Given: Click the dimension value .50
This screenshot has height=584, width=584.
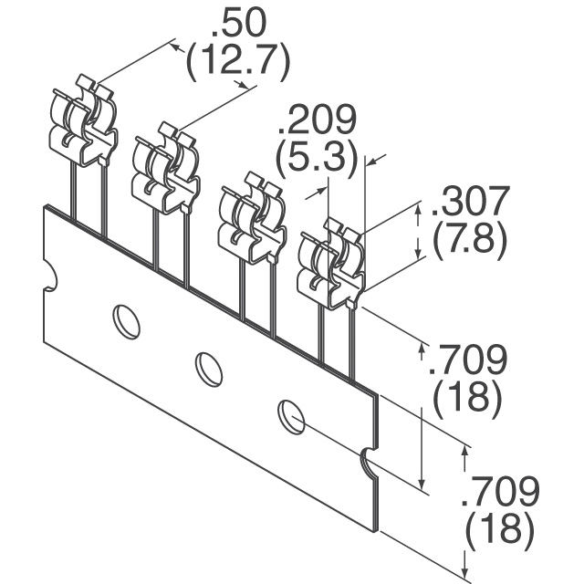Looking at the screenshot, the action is click(239, 22).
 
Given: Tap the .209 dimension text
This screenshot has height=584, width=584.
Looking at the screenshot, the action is click(317, 120).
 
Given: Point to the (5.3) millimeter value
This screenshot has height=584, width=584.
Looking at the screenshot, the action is click(317, 159).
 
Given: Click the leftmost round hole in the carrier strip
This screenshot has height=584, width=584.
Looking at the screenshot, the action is click(126, 322).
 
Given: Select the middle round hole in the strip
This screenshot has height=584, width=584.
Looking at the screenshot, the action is click(209, 369).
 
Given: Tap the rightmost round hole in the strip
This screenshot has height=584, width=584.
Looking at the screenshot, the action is click(291, 417).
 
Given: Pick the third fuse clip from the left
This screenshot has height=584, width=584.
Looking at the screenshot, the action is click(252, 218).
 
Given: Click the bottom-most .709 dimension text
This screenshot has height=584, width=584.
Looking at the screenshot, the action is click(500, 491).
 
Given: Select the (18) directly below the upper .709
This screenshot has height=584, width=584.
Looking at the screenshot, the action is click(466, 397).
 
